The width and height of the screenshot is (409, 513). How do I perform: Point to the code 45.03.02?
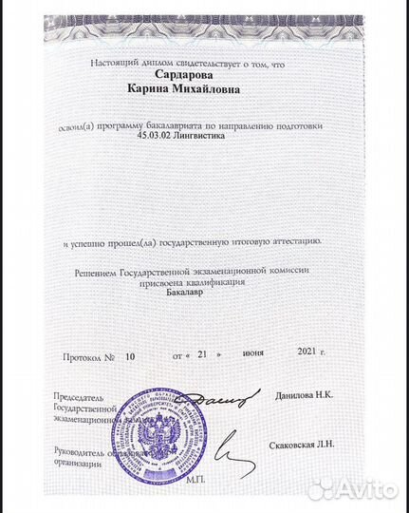tap(158, 138)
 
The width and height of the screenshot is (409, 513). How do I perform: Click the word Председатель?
tap(79, 395)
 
